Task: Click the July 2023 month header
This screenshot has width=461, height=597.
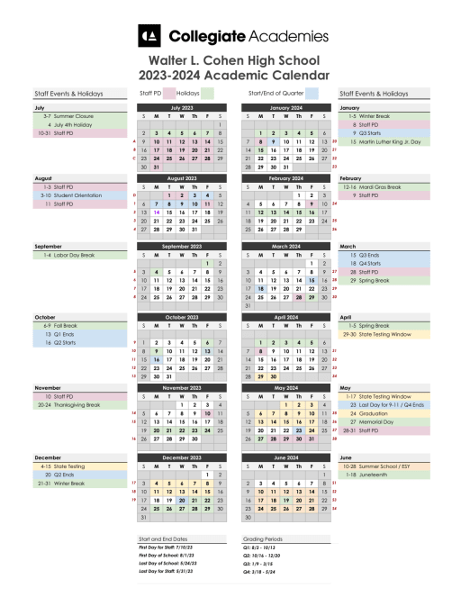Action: click(x=182, y=107)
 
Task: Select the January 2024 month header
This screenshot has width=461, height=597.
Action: click(x=285, y=107)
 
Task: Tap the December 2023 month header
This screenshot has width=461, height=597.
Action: click(x=182, y=458)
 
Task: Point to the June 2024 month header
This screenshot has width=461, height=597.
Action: click(x=285, y=458)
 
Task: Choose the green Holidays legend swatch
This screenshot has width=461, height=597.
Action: click(x=207, y=93)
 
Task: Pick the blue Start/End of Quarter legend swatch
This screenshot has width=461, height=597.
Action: click(x=312, y=93)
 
